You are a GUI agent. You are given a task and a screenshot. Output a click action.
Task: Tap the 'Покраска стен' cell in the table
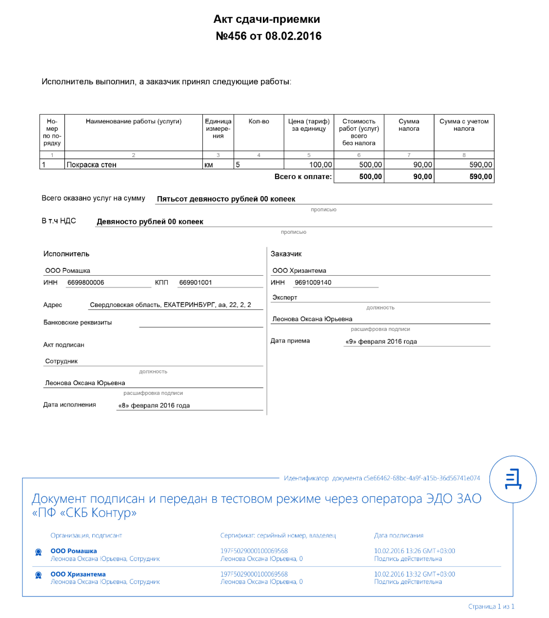[x=91, y=165]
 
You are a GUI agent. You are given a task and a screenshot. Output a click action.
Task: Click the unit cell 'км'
[x=209, y=165]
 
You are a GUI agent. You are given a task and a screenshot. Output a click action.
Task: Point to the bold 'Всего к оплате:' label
[x=303, y=177]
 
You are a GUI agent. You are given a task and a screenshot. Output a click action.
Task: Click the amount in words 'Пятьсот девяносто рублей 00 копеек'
[x=226, y=199]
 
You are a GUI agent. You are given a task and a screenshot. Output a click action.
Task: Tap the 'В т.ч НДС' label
[x=59, y=221]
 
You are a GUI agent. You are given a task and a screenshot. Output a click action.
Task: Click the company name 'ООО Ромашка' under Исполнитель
[x=68, y=271]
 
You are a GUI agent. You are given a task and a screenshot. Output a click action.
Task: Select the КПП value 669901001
[x=195, y=282]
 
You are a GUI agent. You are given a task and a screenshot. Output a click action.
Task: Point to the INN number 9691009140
[x=313, y=282]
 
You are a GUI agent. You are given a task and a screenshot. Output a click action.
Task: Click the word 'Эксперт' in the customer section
[x=285, y=297]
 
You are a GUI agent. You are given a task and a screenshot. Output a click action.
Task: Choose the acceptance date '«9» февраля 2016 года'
[x=381, y=341]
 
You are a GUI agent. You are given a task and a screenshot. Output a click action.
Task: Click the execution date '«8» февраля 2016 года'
[x=154, y=405]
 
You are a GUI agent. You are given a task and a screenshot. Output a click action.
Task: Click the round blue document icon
[x=513, y=479]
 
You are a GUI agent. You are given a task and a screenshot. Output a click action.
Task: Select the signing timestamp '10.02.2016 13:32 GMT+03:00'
[x=414, y=574]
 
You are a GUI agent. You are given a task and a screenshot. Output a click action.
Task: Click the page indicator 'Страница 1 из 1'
[x=491, y=606]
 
